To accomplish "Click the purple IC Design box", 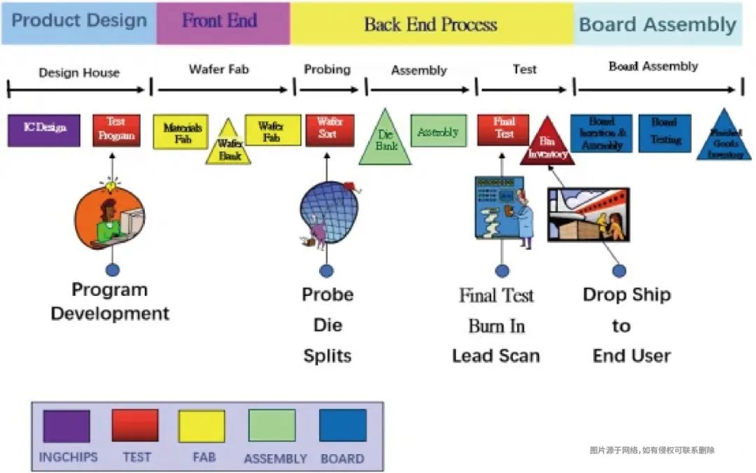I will pyautogui.click(x=45, y=130).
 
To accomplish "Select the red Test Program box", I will pyautogui.click(x=116, y=130).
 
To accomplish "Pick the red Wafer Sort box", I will pyautogui.click(x=330, y=130).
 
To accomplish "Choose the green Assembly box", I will pyautogui.click(x=438, y=131).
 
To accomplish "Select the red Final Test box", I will pyautogui.click(x=503, y=129).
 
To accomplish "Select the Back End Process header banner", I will pyautogui.click(x=431, y=24).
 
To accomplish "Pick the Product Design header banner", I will pyautogui.click(x=78, y=22).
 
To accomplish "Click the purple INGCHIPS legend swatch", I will pyautogui.click(x=66, y=426).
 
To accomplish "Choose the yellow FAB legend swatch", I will pyautogui.click(x=202, y=426).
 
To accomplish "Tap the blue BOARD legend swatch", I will pyautogui.click(x=342, y=426).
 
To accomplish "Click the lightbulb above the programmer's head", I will pyautogui.click(x=110, y=186).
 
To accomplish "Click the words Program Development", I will pyautogui.click(x=110, y=302).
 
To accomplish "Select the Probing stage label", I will pyautogui.click(x=327, y=69).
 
